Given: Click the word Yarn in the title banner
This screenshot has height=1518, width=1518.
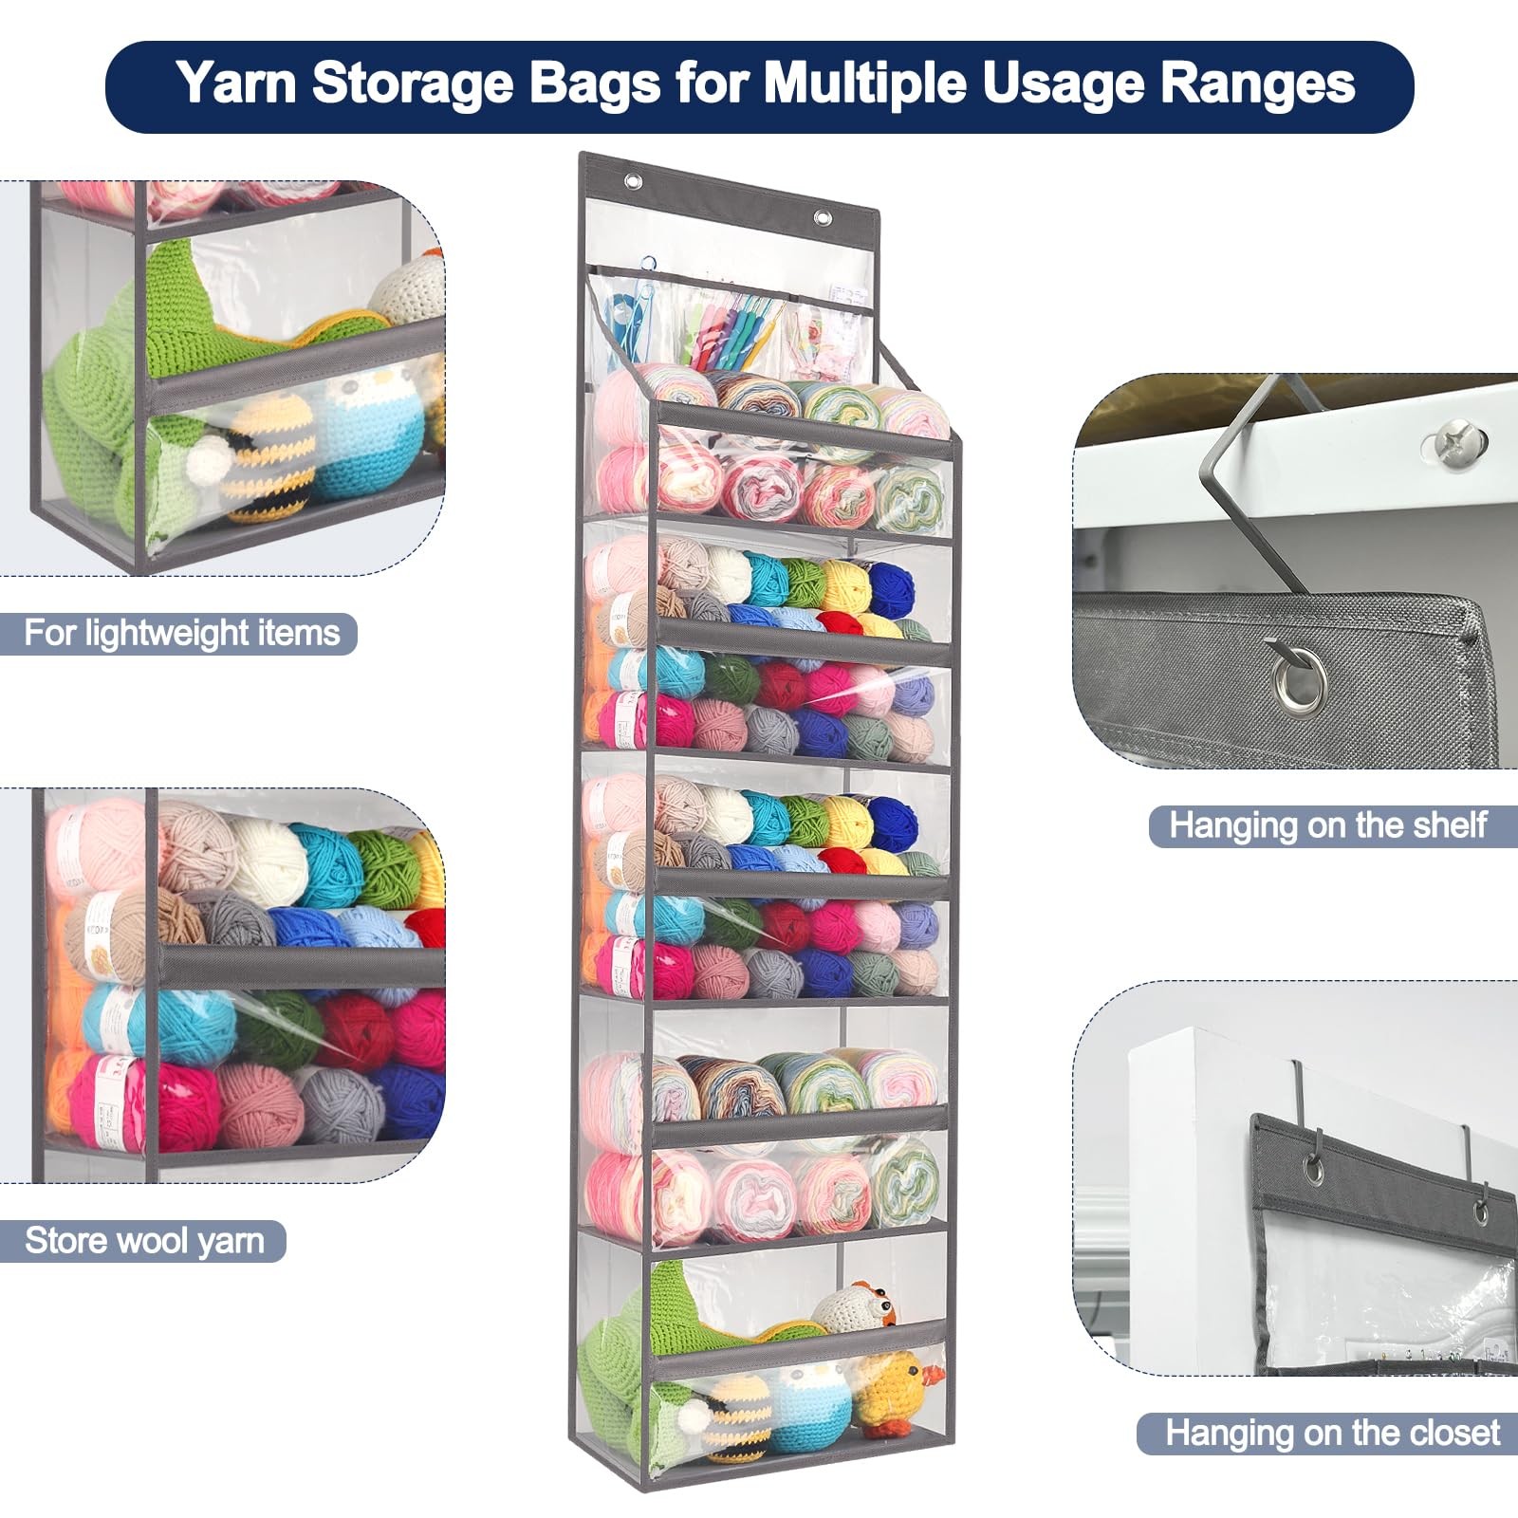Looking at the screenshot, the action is [237, 83].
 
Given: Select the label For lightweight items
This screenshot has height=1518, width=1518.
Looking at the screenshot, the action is [181, 633].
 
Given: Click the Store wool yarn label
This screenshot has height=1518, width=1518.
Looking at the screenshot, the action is [144, 1240].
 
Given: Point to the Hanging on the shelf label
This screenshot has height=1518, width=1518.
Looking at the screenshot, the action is [1327, 825].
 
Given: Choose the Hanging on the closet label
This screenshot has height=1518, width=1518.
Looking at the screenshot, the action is [1332, 1433].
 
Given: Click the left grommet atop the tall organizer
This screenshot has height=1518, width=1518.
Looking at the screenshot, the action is [631, 182].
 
